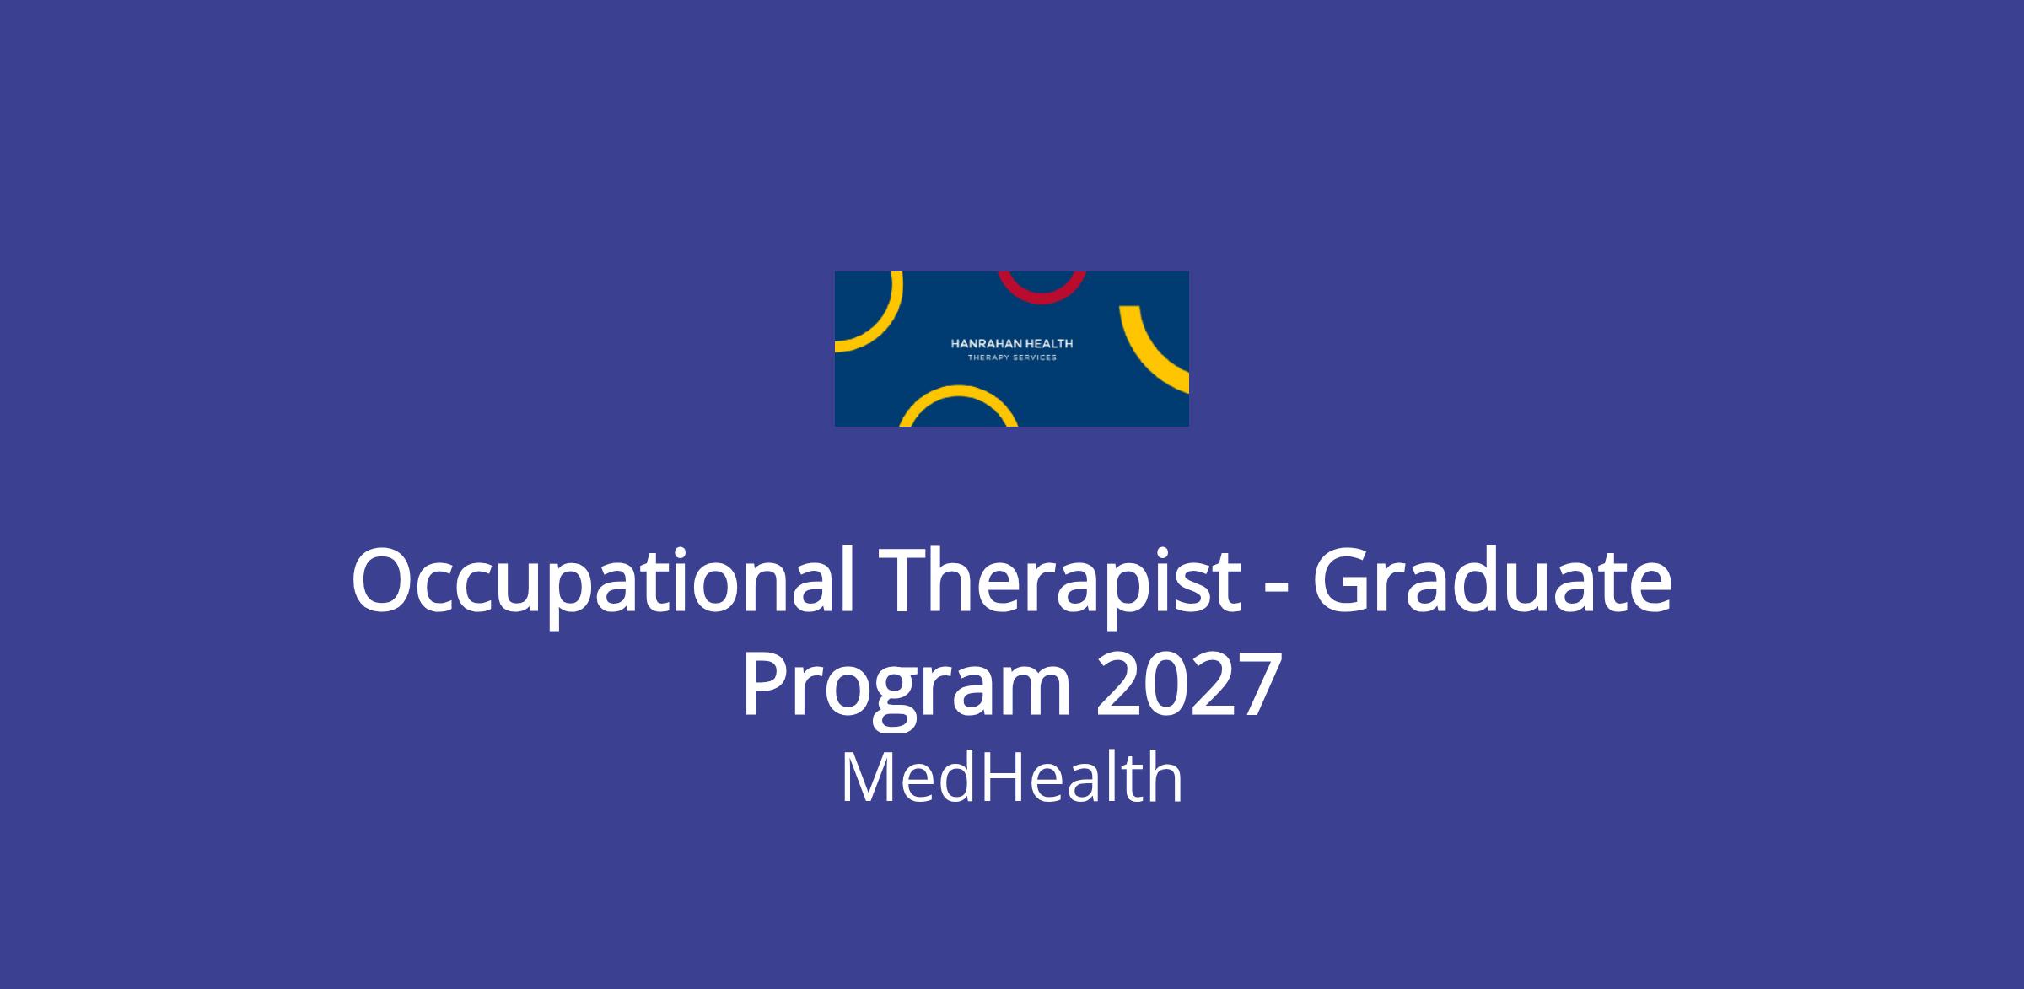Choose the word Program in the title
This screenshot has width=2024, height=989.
[x=907, y=687]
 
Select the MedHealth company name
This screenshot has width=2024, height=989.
[x=1011, y=778]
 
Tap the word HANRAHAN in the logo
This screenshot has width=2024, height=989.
[x=982, y=343]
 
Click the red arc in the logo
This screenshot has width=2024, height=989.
[x=1042, y=298]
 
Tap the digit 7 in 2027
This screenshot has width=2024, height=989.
[x=1260, y=685]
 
